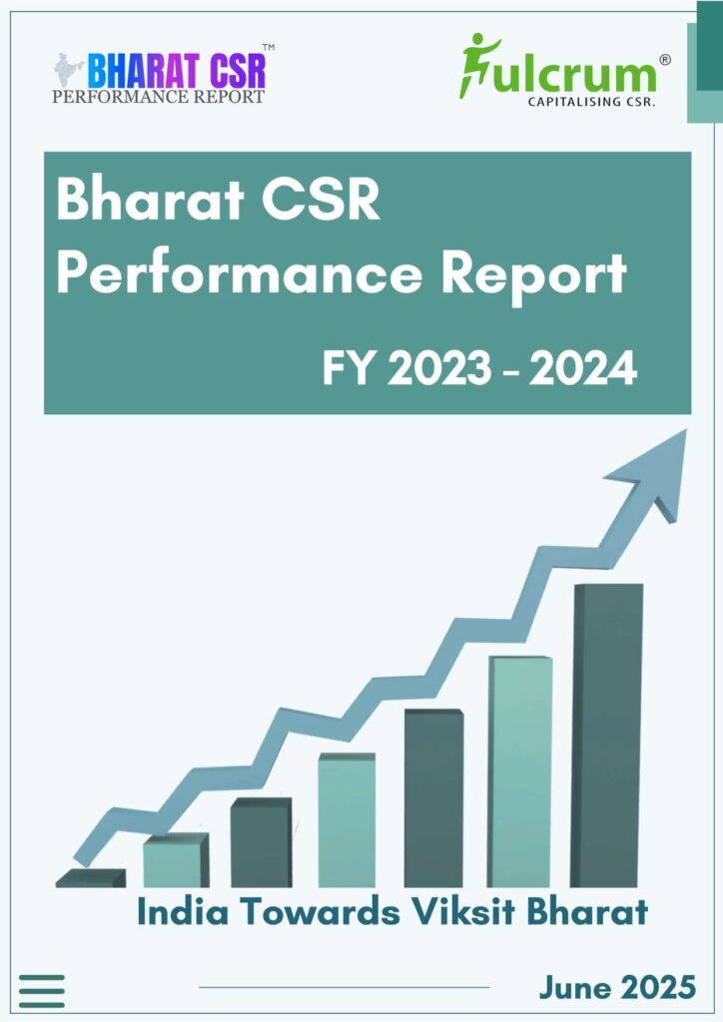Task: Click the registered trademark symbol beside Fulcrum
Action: [664, 60]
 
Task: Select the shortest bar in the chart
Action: [90, 878]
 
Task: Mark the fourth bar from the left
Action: [346, 820]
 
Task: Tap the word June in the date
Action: [577, 987]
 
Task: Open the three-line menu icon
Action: [42, 990]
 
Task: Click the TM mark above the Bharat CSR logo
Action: [269, 47]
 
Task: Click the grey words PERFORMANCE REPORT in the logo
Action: [158, 97]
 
